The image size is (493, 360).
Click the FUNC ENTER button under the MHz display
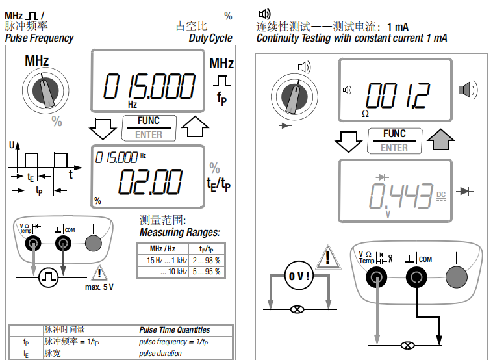(149, 127)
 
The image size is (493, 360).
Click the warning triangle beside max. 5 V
(99, 274)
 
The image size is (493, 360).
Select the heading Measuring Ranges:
(180, 232)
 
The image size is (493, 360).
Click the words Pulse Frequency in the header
(39, 38)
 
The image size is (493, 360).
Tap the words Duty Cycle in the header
(210, 38)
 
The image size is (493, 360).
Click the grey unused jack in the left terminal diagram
(94, 243)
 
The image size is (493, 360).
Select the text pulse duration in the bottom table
(160, 354)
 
